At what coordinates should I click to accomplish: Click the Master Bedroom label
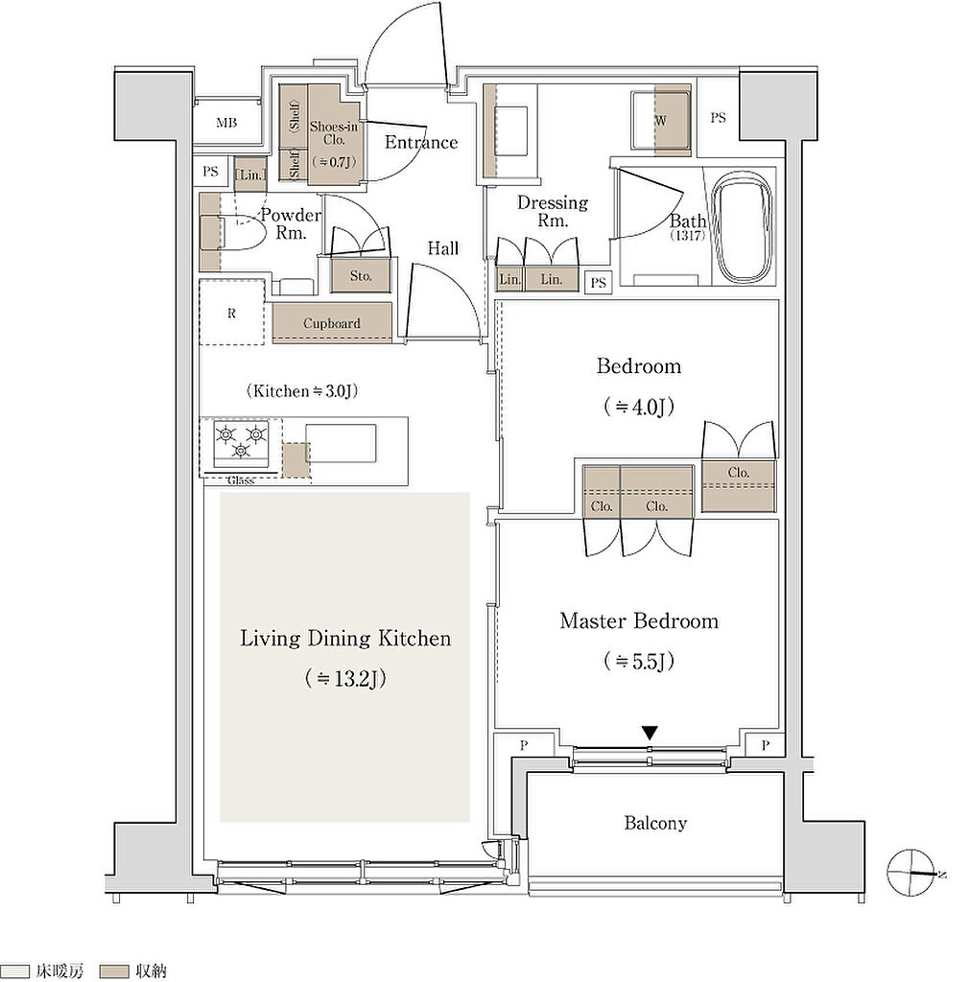[x=639, y=621]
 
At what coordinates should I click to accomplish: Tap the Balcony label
[x=655, y=823]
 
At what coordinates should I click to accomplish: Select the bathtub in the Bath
[x=745, y=227]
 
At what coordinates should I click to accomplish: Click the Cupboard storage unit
[x=332, y=323]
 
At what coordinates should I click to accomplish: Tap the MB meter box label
[x=226, y=124]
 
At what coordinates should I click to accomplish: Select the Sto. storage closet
[x=361, y=275]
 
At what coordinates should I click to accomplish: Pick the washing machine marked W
[x=661, y=121]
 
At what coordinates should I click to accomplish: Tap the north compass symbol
[x=911, y=873]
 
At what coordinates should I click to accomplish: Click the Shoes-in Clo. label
[x=333, y=132]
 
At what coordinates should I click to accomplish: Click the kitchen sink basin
[x=341, y=443]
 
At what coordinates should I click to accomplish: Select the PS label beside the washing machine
[x=718, y=117]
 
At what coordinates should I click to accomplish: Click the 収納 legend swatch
[x=115, y=971]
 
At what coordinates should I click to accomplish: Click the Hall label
[x=443, y=248]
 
